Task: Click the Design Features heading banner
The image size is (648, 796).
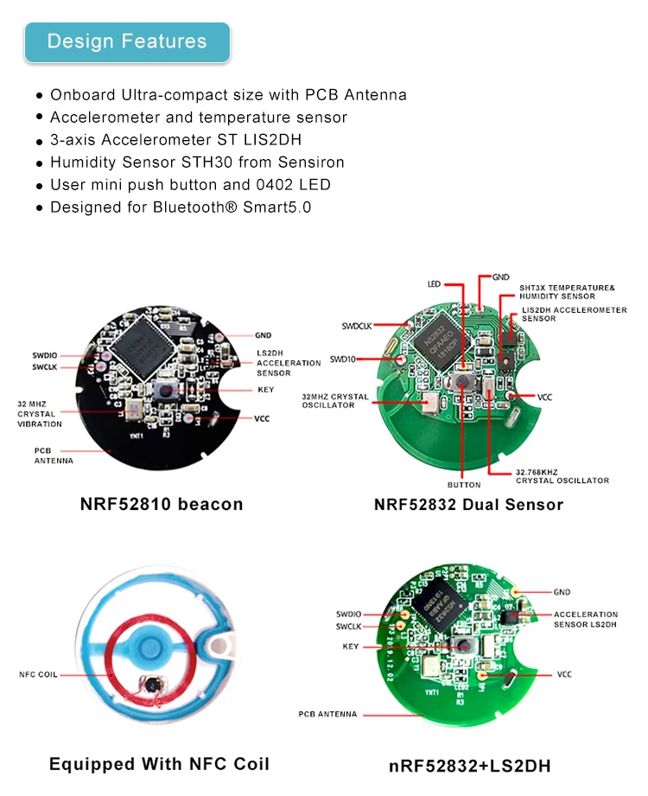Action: coord(127,41)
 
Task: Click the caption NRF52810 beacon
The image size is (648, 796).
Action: coord(162,504)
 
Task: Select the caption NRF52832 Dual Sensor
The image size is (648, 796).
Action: coord(468,504)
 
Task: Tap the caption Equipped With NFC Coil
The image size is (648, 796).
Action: coord(159,764)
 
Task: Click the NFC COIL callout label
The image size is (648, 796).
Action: coord(39,674)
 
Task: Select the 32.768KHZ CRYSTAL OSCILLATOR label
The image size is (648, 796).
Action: coord(562,476)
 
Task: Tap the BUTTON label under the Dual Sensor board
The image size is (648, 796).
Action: coord(464,485)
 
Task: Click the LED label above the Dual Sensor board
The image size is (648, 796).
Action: coord(435,283)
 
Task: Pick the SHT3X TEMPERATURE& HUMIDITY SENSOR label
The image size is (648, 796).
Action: coord(566,291)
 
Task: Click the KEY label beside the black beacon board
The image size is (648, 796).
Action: coord(265,390)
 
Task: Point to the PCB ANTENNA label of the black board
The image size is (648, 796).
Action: coord(54,455)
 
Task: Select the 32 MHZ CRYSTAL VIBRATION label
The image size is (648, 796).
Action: coord(40,413)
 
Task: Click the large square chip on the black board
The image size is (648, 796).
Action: coord(152,340)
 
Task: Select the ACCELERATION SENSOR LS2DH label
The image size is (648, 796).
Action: coord(585,619)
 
